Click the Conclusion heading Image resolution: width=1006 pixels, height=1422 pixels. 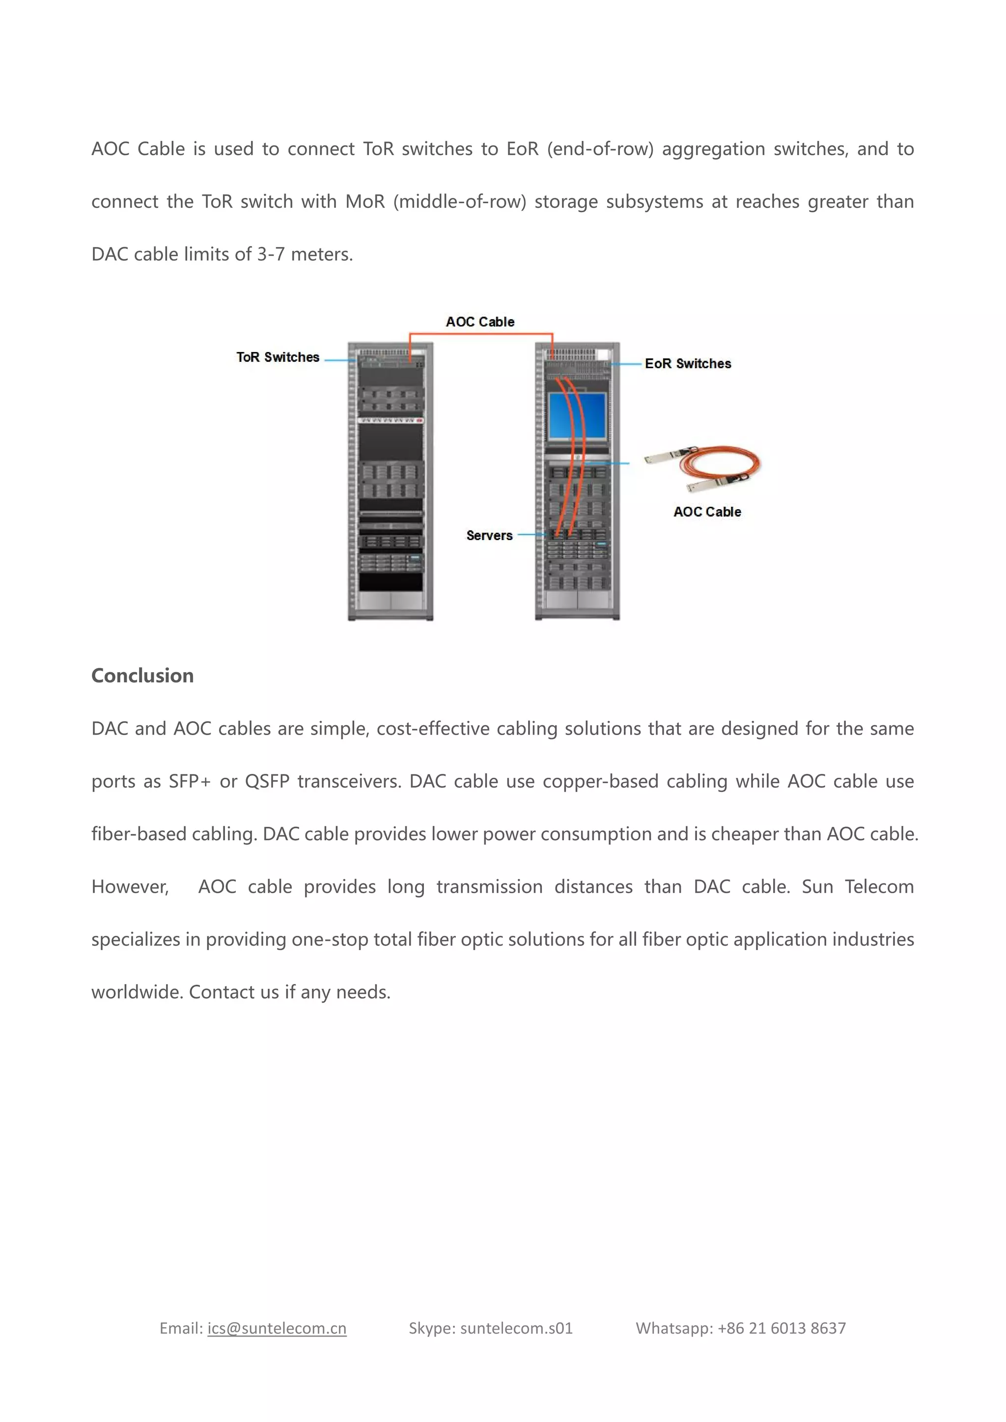142,676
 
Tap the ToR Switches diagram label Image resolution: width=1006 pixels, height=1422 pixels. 278,357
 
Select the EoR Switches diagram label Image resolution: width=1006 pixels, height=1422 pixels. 688,363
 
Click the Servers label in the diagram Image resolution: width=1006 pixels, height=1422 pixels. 489,536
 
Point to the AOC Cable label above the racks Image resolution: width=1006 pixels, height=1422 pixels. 480,322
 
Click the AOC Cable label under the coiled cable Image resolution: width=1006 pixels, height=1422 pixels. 707,512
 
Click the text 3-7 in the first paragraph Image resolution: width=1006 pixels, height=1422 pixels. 271,254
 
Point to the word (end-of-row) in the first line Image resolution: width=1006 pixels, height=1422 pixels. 600,149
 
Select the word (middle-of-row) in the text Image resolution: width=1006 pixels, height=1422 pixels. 459,202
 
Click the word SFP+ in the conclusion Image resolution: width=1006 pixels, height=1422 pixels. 190,782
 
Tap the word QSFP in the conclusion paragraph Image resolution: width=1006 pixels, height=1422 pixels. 267,782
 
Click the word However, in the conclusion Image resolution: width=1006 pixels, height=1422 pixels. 130,887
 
